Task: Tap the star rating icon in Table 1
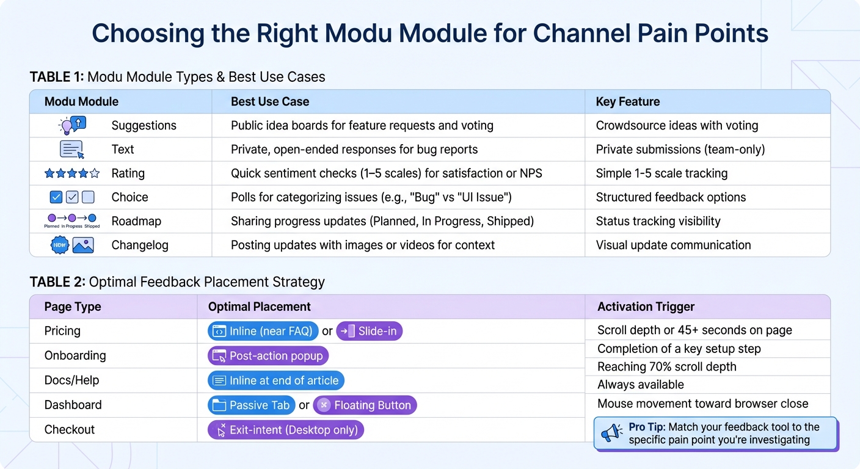(x=71, y=173)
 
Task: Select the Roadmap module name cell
(x=136, y=221)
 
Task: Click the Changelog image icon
(x=82, y=245)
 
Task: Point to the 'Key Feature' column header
(x=627, y=101)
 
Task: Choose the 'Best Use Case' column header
(x=270, y=101)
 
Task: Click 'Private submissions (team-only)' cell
(x=680, y=149)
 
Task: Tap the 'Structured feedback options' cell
(x=671, y=197)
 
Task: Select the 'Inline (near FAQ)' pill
(x=263, y=331)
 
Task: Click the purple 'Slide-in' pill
(x=370, y=331)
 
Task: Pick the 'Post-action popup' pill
(x=268, y=355)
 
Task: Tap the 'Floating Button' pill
(x=365, y=405)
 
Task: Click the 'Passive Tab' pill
(x=252, y=405)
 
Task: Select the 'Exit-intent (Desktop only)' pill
(x=286, y=430)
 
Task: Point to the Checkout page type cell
(x=70, y=429)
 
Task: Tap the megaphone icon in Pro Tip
(x=611, y=433)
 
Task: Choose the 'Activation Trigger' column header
(x=646, y=307)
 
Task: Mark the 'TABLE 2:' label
(x=57, y=282)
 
